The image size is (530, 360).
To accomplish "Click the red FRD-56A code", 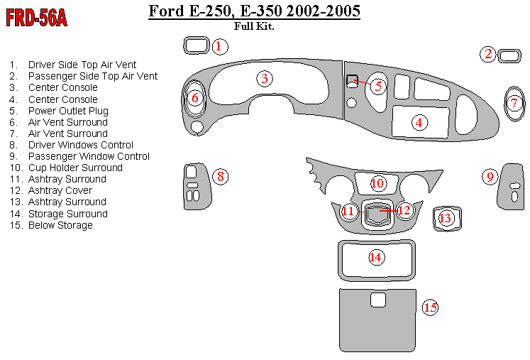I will tap(37, 18).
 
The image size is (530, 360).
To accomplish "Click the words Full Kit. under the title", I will tap(254, 27).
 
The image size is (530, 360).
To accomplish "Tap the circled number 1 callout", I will tap(219, 47).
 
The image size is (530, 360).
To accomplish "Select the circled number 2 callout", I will tap(487, 54).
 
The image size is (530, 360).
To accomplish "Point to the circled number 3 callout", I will tap(264, 78).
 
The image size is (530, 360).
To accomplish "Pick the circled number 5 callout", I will tap(378, 86).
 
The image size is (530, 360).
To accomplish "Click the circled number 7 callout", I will tap(515, 103).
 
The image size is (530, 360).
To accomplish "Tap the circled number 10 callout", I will tap(377, 183).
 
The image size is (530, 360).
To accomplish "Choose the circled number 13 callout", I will tap(446, 218).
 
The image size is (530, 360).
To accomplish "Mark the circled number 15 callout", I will tap(430, 307).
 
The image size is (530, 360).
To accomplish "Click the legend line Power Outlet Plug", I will tap(68, 111).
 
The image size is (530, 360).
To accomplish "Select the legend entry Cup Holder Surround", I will tap(75, 168).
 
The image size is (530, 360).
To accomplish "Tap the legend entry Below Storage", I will tap(60, 225).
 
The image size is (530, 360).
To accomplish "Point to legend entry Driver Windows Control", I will tap(80, 145).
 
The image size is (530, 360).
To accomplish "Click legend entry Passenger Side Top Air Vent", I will tap(92, 76).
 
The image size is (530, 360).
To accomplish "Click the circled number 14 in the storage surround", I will tap(376, 257).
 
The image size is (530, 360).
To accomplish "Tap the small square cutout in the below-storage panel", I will tap(378, 300).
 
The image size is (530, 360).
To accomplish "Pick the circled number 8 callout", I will tap(221, 176).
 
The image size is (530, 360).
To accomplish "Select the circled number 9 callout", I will tap(490, 176).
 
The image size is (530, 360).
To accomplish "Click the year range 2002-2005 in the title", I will tap(321, 11).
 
